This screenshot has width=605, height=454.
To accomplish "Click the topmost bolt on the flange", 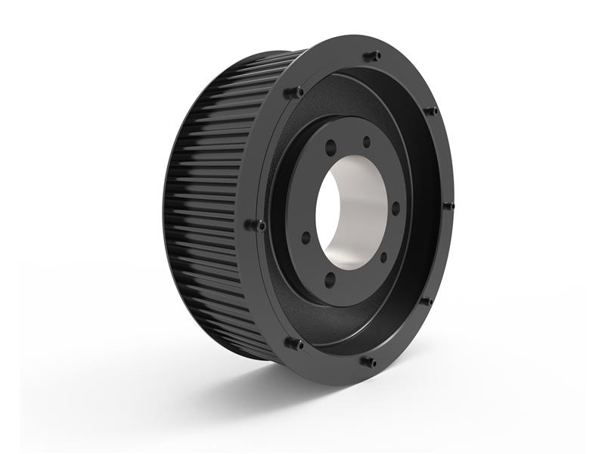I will (372, 55).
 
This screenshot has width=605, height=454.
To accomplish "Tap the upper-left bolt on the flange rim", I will (294, 92).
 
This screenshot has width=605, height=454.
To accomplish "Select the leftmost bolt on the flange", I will (257, 225).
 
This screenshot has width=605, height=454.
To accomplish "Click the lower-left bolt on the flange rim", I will (294, 344).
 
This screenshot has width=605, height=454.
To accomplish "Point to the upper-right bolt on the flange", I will (431, 111).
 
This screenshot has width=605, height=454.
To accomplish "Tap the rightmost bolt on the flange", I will (448, 205).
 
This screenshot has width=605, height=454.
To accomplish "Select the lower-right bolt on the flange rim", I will (427, 301).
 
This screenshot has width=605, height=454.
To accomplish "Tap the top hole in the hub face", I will (367, 141).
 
